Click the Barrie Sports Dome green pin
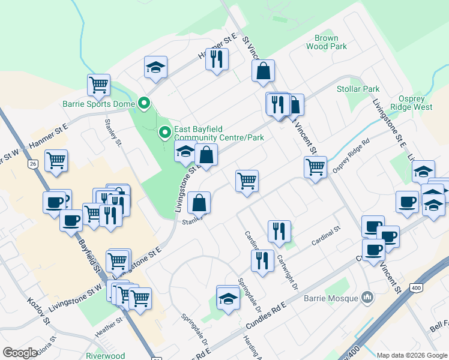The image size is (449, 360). click(x=144, y=104)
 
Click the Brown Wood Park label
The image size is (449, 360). click(x=326, y=41)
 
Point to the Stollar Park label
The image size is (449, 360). click(x=358, y=89)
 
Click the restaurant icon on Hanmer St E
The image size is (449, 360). click(x=217, y=59)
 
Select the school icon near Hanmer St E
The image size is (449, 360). click(x=155, y=67)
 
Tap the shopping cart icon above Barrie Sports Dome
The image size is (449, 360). click(x=98, y=85)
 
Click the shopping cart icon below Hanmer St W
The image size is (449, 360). click(x=56, y=160)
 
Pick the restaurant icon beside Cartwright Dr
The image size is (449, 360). click(x=279, y=231)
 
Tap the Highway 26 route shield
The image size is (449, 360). click(x=32, y=163)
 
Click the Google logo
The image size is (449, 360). click(x=20, y=353)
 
